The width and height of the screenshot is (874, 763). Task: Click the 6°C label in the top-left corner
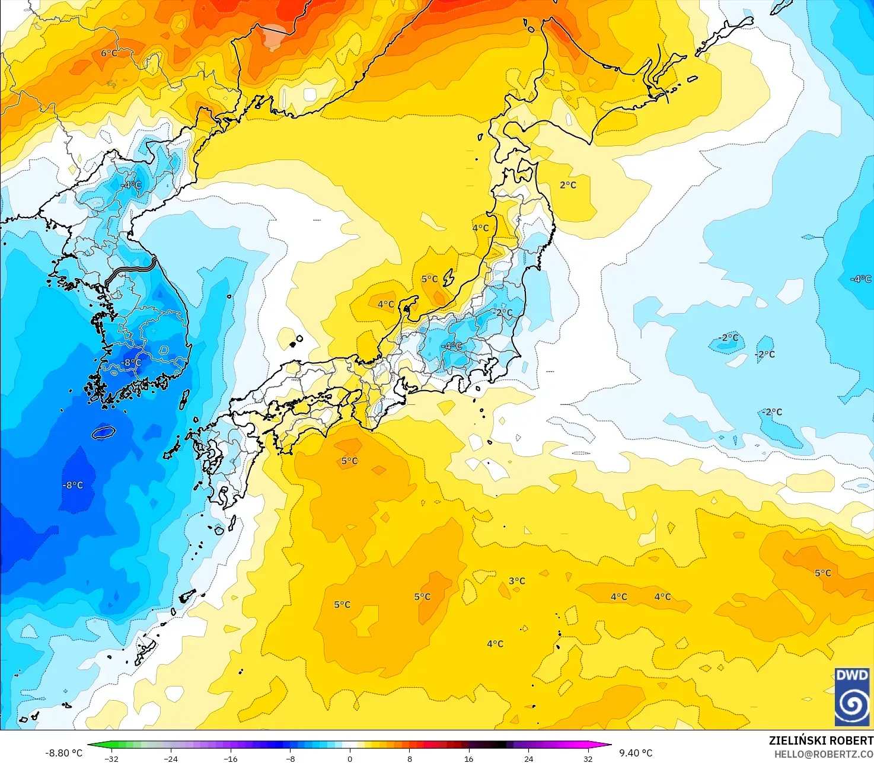109,53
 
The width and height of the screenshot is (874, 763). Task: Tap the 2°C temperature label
567,185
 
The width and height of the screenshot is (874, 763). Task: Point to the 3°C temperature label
516,581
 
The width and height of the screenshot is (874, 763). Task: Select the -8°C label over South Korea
131,362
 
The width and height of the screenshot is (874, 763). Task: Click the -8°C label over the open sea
73,485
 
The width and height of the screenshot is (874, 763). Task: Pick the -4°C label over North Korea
131,184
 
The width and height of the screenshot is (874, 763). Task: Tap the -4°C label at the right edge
860,279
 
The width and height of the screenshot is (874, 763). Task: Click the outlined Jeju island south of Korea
103,433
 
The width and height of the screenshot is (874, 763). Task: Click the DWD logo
851,697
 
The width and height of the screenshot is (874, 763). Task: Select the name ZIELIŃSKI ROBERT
821,740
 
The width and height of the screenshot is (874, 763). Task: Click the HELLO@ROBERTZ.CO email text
824,754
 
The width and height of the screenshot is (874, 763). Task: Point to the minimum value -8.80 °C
64,753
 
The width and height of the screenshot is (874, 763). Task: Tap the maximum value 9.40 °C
636,753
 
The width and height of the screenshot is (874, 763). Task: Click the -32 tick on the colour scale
111,758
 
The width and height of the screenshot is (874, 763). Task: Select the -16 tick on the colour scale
231,758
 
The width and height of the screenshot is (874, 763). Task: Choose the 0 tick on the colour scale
350,758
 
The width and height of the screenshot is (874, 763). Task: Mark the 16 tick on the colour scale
469,758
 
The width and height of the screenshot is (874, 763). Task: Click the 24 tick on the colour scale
528,758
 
